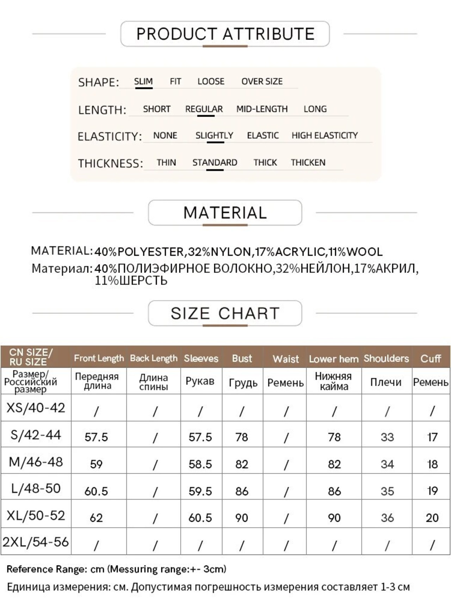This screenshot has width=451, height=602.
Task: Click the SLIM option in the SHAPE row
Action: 143,81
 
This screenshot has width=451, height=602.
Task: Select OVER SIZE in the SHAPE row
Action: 262,81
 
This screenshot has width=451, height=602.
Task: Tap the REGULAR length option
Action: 204,109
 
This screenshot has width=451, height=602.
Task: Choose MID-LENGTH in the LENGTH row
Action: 262,109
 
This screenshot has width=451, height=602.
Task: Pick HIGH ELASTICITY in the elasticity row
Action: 325,135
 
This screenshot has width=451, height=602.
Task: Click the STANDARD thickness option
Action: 215,163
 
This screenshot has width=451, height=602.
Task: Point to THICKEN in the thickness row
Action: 308,163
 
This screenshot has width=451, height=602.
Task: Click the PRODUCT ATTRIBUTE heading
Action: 225,34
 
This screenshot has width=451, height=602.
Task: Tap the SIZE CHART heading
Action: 225,313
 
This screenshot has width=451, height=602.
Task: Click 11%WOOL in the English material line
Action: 356,252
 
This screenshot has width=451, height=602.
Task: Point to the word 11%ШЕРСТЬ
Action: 131,281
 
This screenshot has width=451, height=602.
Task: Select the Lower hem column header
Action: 333,359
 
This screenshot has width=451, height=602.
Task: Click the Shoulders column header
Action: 386,358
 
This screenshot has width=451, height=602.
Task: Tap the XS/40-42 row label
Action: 36,408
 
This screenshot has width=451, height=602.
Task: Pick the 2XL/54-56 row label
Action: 36,542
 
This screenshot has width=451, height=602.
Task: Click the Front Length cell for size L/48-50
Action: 96,491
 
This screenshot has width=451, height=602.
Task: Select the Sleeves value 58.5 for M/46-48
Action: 200,464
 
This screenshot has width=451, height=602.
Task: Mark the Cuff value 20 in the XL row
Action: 432,518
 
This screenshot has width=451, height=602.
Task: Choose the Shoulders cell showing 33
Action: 387,437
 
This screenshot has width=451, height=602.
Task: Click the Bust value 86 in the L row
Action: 242,491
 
